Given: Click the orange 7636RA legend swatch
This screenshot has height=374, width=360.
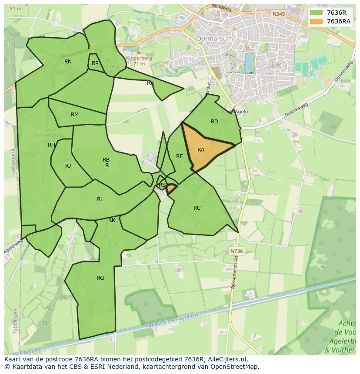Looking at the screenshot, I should pos(316,21).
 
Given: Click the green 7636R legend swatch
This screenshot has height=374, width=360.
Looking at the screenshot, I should pos(316,12).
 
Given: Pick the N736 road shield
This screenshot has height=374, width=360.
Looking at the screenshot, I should pos(236,251).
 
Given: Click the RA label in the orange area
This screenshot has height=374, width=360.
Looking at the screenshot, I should pos(201,150).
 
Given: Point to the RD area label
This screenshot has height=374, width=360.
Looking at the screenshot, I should pos(214,122).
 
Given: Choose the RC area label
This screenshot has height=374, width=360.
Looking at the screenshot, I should pos(197,208).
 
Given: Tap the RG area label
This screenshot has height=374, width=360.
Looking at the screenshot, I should pos(100,278).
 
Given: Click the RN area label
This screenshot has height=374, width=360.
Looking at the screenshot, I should pos(68,62).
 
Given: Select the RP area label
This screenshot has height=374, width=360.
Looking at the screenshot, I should pos(95,63).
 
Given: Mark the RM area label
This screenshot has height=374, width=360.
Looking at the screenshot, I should pos(75,115).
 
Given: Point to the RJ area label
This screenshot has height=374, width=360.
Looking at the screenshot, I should pos(68,166).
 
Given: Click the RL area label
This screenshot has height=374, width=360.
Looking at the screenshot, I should pos(100,199).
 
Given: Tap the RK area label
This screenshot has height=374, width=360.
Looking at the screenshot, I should pos(112,220).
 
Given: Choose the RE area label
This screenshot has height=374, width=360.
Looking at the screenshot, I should pos(179,156).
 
